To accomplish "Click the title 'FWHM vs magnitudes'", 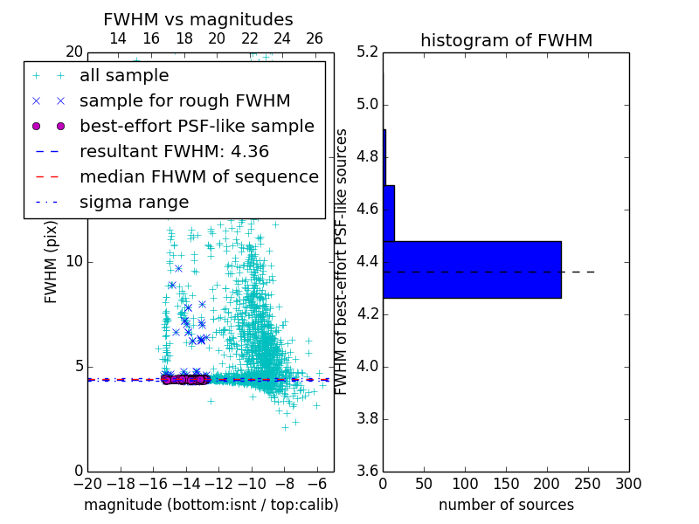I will [198, 19].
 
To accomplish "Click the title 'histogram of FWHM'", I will [506, 40].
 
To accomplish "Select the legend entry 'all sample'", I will [124, 76].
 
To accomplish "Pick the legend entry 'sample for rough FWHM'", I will [184, 100].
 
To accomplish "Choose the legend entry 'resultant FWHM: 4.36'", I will [174, 151].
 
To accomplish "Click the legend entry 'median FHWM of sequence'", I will [198, 176].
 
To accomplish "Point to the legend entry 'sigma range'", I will [134, 202].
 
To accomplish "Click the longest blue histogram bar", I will [472, 269].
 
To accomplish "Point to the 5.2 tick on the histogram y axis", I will [367, 52].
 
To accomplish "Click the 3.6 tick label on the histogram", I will [367, 471].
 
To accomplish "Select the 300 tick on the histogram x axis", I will [628, 483].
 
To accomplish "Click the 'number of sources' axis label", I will [506, 505].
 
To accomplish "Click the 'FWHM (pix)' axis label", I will [52, 261].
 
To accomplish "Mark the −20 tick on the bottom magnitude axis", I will [87, 483].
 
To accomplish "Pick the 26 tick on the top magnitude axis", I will [315, 38].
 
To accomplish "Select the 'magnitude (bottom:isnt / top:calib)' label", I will [211, 505].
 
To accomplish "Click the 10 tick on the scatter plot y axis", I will [73, 261].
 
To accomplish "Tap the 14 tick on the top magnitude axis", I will [118, 38].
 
